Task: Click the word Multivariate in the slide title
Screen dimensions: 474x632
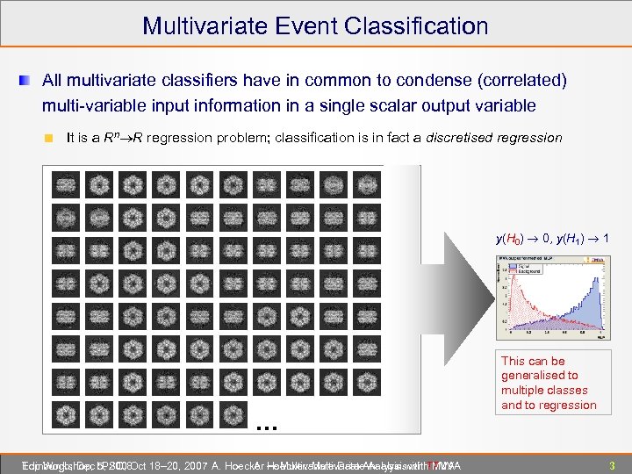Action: click(x=206, y=25)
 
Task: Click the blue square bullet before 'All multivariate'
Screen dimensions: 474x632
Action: click(x=27, y=82)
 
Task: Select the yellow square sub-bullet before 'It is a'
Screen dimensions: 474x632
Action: click(x=50, y=138)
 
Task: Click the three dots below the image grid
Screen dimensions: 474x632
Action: click(x=267, y=427)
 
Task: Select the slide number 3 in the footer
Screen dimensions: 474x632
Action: click(x=612, y=464)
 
